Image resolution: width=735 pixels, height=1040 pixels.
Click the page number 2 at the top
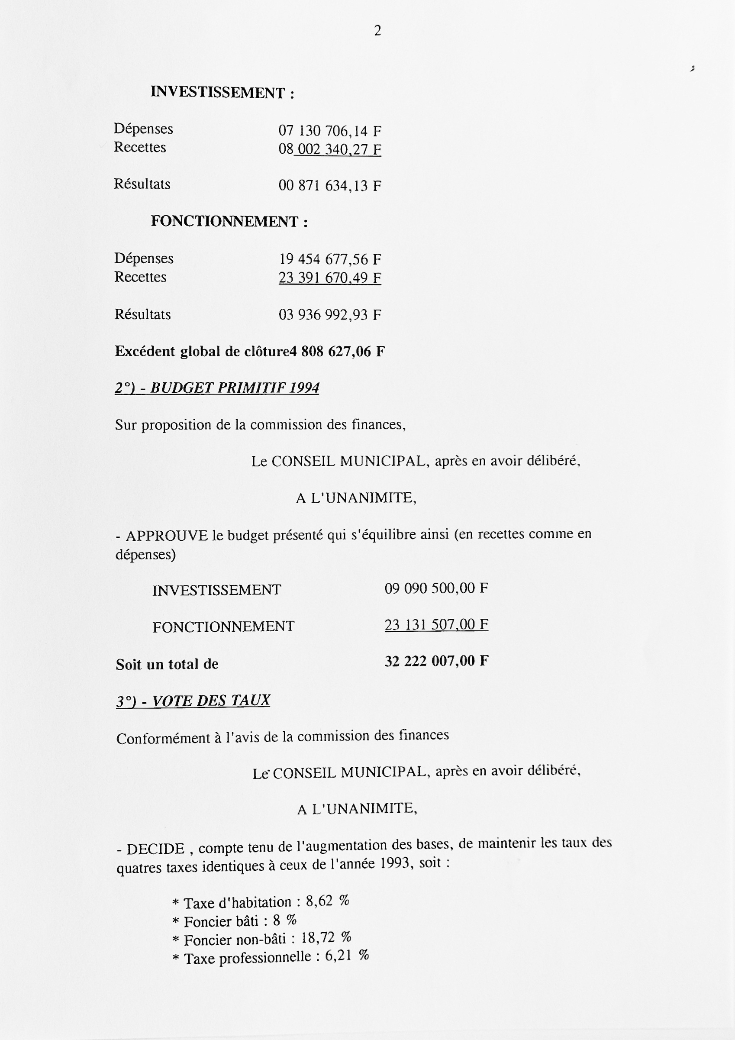[x=377, y=31]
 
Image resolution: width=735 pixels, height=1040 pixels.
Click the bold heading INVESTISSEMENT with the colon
[x=222, y=92]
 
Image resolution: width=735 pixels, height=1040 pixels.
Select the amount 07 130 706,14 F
[x=330, y=131]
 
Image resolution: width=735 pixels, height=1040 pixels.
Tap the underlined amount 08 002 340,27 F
[x=330, y=149]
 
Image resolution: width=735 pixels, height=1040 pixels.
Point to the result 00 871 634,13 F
[x=330, y=186]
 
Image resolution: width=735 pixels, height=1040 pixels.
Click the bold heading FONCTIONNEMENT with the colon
[x=229, y=222]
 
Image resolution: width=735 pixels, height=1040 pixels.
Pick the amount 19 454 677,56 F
[x=330, y=259]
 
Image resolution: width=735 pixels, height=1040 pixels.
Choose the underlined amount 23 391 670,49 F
[x=330, y=278]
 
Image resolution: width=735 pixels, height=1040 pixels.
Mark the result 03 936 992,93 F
[x=330, y=314]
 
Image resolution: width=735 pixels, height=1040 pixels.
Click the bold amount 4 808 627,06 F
[x=337, y=352]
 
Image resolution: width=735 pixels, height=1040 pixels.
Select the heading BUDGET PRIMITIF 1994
[x=216, y=388]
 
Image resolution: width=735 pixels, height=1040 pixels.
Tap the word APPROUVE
[x=167, y=536]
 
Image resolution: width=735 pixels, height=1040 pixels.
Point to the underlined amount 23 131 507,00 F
[x=436, y=625]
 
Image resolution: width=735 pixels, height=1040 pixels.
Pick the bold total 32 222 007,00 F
[x=436, y=661]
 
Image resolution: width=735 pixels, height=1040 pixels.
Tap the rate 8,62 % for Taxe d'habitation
[x=327, y=901]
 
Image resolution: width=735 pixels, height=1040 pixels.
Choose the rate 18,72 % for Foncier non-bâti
[x=326, y=937]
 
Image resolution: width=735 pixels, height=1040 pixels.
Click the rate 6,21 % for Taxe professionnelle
[x=346, y=956]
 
